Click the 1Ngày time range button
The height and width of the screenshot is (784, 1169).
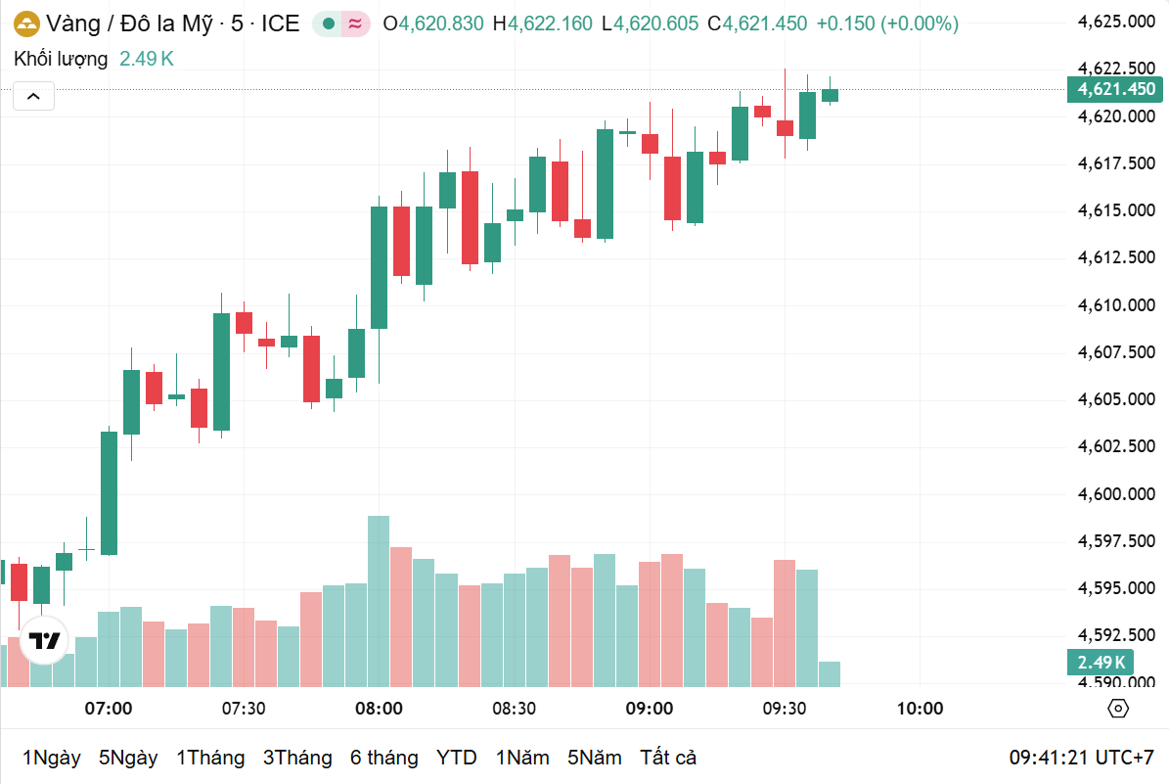(51, 758)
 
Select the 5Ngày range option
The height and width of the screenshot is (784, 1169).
(128, 758)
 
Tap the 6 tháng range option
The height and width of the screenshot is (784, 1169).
(383, 758)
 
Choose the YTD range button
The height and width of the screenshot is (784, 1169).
(456, 758)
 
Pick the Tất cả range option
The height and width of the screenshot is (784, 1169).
(668, 758)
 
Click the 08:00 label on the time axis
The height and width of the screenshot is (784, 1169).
(379, 708)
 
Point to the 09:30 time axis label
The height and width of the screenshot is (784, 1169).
(785, 708)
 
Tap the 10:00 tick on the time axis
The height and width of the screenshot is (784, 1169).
(920, 708)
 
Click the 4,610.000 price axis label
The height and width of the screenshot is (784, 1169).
(1116, 305)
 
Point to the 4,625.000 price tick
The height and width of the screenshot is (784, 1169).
(1116, 22)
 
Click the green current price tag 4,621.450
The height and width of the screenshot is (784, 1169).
(1116, 89)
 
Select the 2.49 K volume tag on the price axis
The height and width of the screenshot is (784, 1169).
(1102, 663)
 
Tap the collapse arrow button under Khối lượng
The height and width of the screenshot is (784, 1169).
(33, 96)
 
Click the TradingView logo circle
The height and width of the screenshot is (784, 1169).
(44, 642)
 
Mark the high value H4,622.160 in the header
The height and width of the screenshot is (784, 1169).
(542, 23)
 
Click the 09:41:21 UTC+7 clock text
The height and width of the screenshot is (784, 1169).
(1082, 758)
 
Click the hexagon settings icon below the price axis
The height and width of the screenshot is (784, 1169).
(1118, 709)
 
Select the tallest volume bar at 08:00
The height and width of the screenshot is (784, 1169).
(379, 599)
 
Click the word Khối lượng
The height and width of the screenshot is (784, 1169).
(61, 59)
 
